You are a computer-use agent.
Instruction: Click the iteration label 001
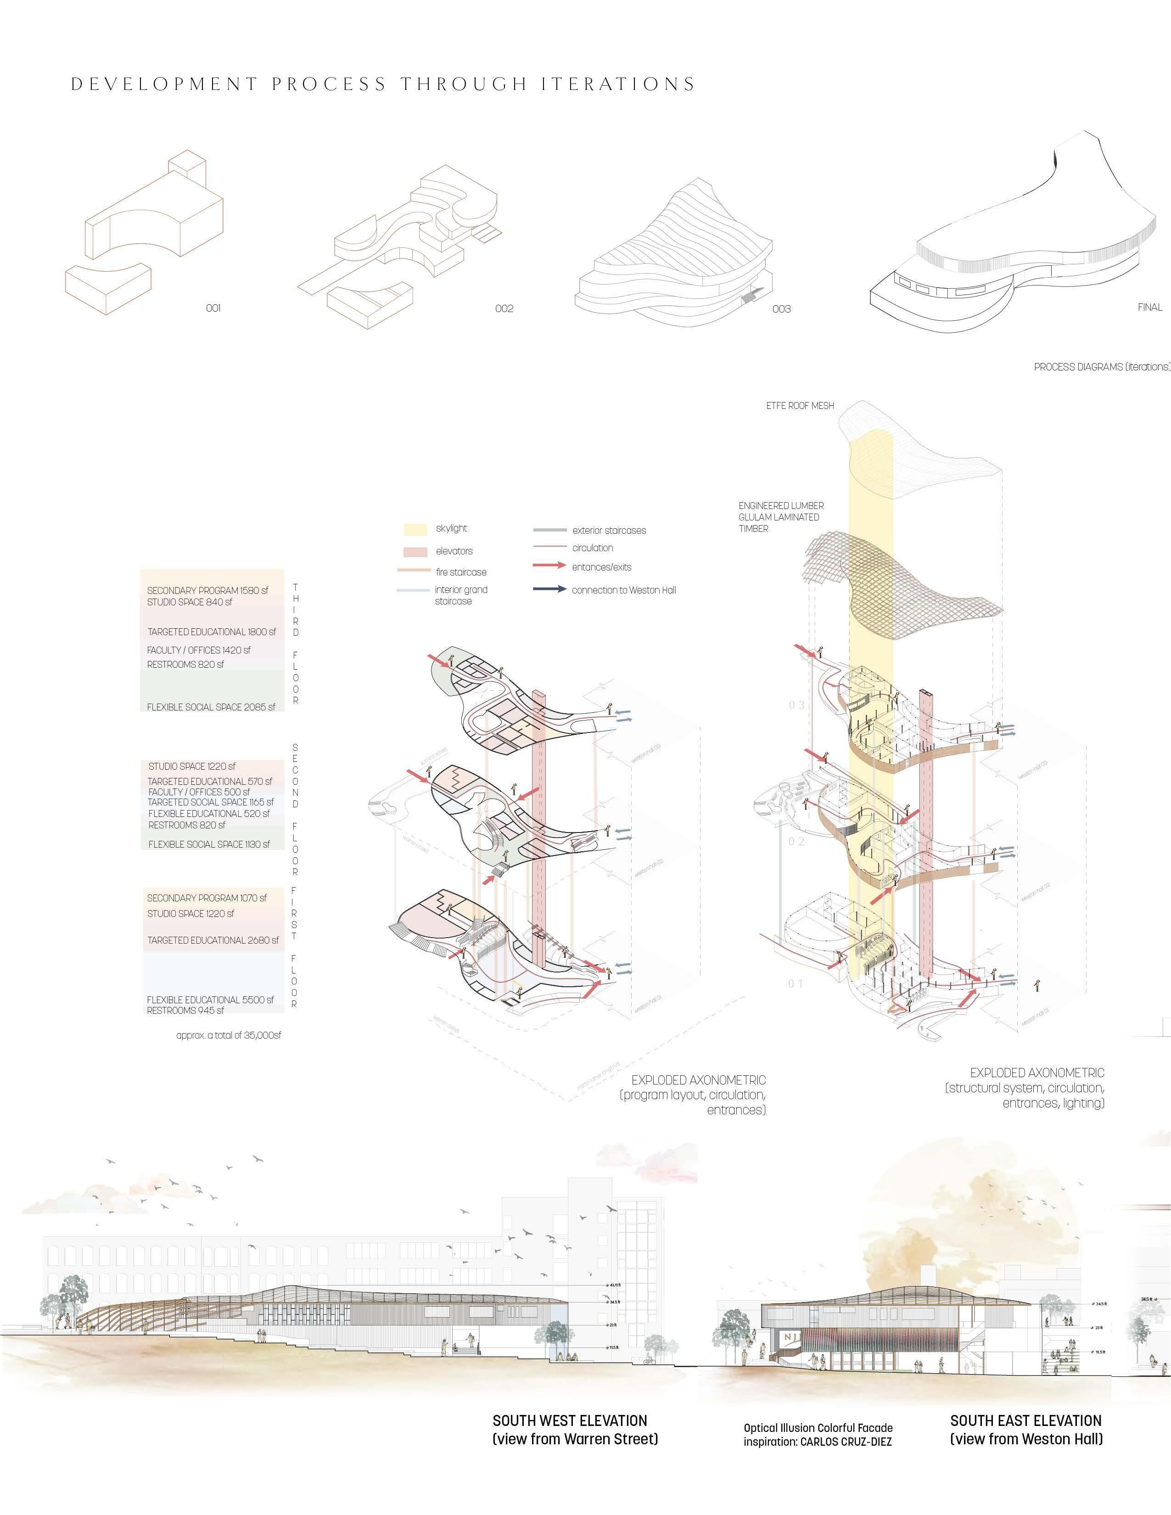[x=213, y=307]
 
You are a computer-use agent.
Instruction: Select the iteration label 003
[x=781, y=309]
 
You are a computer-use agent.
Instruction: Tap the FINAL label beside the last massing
[x=1149, y=307]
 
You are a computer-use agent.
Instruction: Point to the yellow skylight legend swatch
[x=415, y=529]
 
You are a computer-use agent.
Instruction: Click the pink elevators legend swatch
[x=415, y=552]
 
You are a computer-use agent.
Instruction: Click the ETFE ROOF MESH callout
[x=800, y=405]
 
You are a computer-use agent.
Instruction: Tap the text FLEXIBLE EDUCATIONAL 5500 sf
[x=210, y=1000]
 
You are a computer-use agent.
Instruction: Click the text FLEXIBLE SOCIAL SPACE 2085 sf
[x=211, y=707]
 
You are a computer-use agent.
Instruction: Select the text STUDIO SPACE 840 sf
[x=190, y=602]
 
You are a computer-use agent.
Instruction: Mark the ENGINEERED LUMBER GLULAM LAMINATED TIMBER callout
[x=780, y=517]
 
